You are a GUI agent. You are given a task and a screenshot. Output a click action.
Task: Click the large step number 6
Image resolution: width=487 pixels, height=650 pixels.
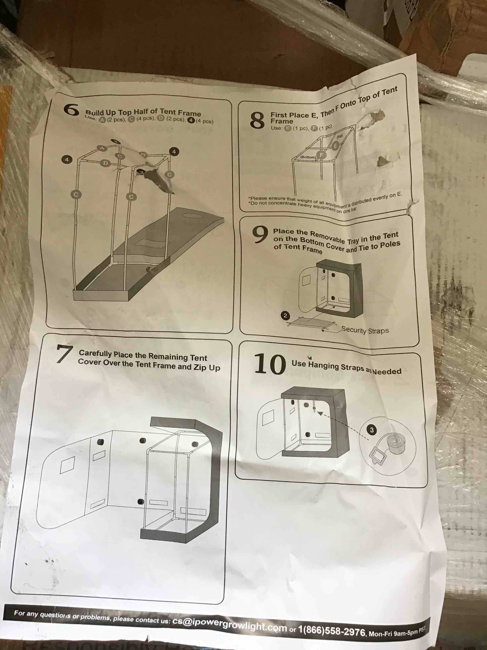click(71, 110)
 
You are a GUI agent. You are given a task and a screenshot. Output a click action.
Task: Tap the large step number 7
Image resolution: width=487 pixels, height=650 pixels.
click(65, 354)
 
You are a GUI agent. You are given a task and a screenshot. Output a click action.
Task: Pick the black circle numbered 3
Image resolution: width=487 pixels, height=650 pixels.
click(372, 430)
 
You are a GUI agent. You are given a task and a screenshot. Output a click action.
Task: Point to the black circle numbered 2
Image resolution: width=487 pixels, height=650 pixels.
click(285, 316)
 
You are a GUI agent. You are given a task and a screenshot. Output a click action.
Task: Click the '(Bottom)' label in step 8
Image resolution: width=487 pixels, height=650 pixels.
click(308, 157)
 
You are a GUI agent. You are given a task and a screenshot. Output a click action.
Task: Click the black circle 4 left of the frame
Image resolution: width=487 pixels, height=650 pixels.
click(67, 159)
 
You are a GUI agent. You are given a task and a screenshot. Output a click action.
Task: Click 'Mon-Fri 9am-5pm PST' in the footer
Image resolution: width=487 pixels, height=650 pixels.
click(396, 632)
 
